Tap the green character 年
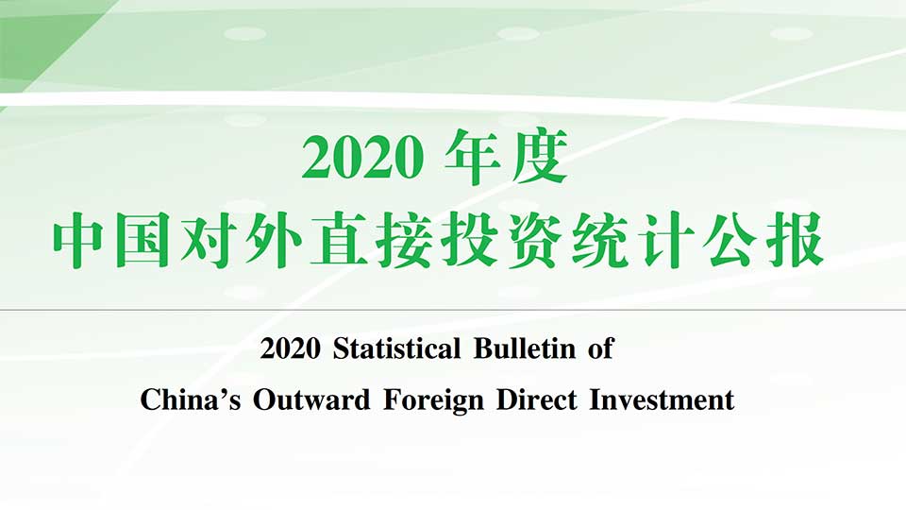tap(473, 157)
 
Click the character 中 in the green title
tap(80, 240)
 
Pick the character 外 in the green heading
tap(274, 240)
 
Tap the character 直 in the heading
tap(339, 240)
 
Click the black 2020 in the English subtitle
tap(290, 348)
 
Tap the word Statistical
tap(397, 348)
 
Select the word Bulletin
tap(525, 348)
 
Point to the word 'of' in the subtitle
tap(601, 348)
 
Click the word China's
tap(190, 399)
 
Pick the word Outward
tap(311, 399)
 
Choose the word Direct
tap(537, 399)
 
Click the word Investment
tap(662, 399)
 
